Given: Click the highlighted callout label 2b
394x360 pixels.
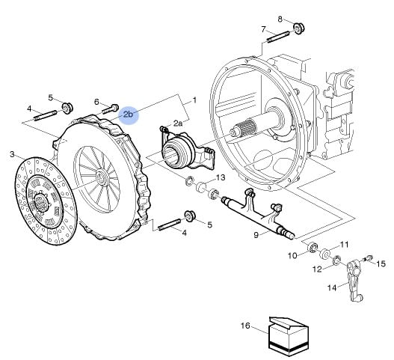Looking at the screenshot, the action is [x=128, y=115].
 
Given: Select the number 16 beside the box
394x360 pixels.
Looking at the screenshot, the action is [x=245, y=326].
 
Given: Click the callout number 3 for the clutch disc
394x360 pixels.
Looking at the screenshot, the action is [x=12, y=154].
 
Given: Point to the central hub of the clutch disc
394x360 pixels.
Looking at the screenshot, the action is [x=40, y=201].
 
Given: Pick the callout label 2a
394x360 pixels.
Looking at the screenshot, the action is [x=178, y=123].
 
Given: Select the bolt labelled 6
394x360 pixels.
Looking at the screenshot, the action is [x=111, y=109].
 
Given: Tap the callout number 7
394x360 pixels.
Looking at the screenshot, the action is [x=263, y=29].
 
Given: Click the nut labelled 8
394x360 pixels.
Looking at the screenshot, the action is [x=299, y=28].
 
